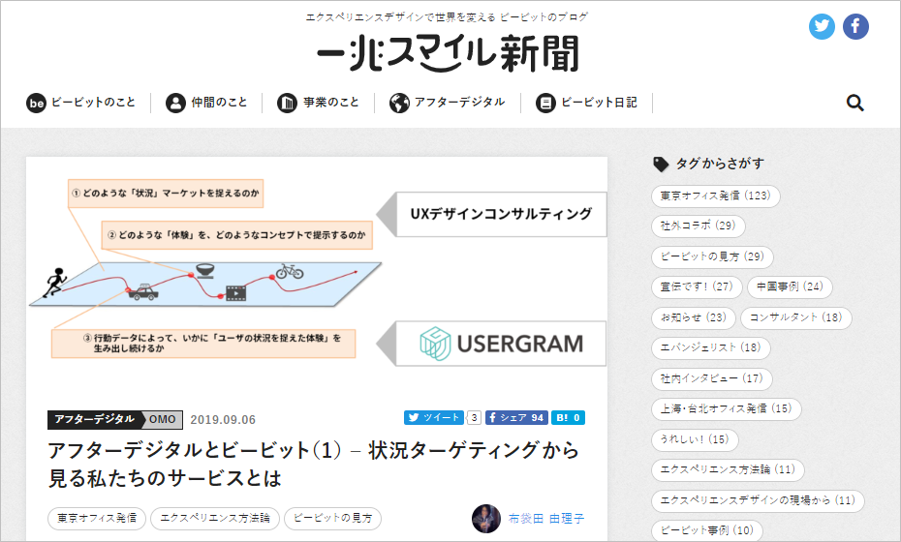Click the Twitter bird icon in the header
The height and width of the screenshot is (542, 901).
[x=823, y=27]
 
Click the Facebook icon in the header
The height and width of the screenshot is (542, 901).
[x=855, y=27]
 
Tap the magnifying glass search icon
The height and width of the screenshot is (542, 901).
[x=854, y=103]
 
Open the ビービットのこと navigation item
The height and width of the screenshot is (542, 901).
[x=81, y=103]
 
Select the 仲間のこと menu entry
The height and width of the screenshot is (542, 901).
[x=206, y=103]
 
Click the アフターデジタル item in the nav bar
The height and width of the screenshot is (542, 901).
[x=448, y=103]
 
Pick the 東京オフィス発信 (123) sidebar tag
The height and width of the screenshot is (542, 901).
[x=715, y=196]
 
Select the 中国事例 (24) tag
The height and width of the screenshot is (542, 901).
[x=790, y=287]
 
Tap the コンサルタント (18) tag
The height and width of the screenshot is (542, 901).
[x=796, y=317]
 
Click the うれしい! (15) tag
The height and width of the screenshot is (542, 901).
[x=694, y=440]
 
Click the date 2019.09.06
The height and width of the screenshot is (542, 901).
[x=223, y=419]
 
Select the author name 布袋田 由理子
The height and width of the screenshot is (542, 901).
[x=546, y=519]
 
